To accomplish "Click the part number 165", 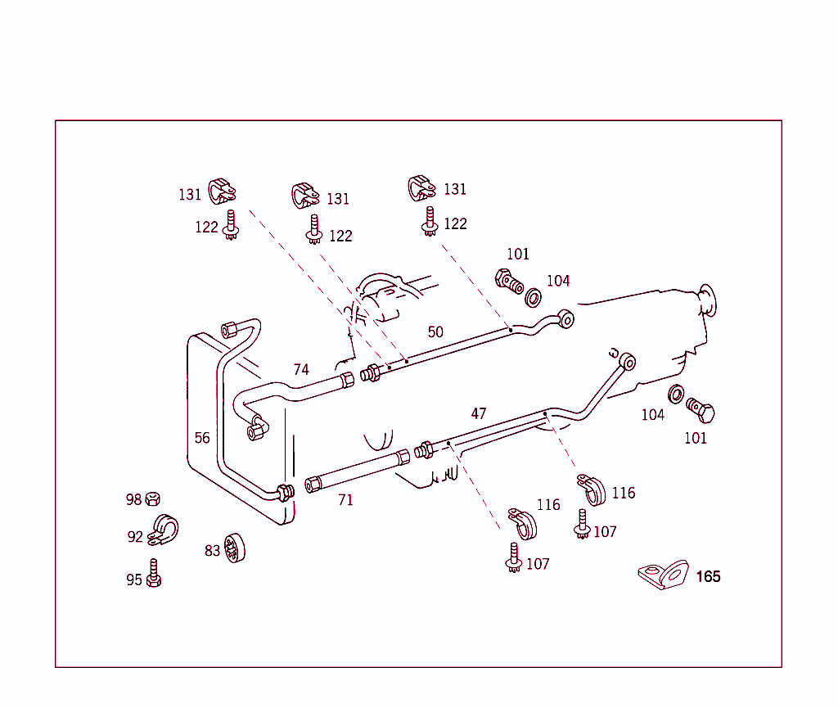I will click(x=708, y=577).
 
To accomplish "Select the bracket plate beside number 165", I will click(x=664, y=574).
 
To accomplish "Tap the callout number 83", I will click(x=212, y=551).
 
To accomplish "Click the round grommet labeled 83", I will click(x=236, y=548).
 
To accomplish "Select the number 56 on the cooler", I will click(x=202, y=438).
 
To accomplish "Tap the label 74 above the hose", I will click(x=301, y=370).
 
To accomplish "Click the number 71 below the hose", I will click(x=345, y=500).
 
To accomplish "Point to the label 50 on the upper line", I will click(x=435, y=332).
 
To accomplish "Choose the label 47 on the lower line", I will click(x=479, y=414).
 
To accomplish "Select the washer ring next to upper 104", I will click(x=533, y=296).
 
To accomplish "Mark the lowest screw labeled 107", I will click(x=513, y=557).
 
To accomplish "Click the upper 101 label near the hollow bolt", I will click(x=518, y=255).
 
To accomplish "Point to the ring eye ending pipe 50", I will click(x=565, y=318).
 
